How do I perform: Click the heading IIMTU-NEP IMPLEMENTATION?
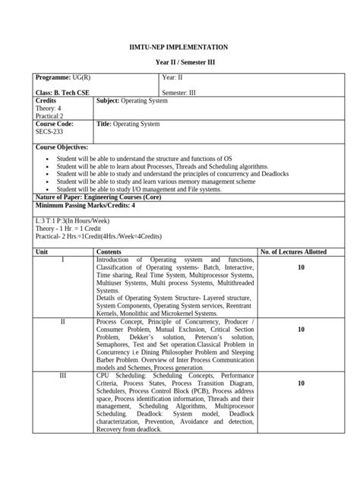click(x=180, y=47)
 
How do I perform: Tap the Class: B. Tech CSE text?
click(x=65, y=93)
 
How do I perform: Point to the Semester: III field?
click(x=178, y=93)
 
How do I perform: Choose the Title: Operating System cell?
click(x=128, y=123)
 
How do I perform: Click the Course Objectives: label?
click(x=62, y=147)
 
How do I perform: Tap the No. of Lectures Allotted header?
click(x=300, y=251)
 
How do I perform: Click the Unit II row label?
click(x=63, y=322)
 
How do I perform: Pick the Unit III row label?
click(x=63, y=375)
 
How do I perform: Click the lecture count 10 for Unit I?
click(x=301, y=268)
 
